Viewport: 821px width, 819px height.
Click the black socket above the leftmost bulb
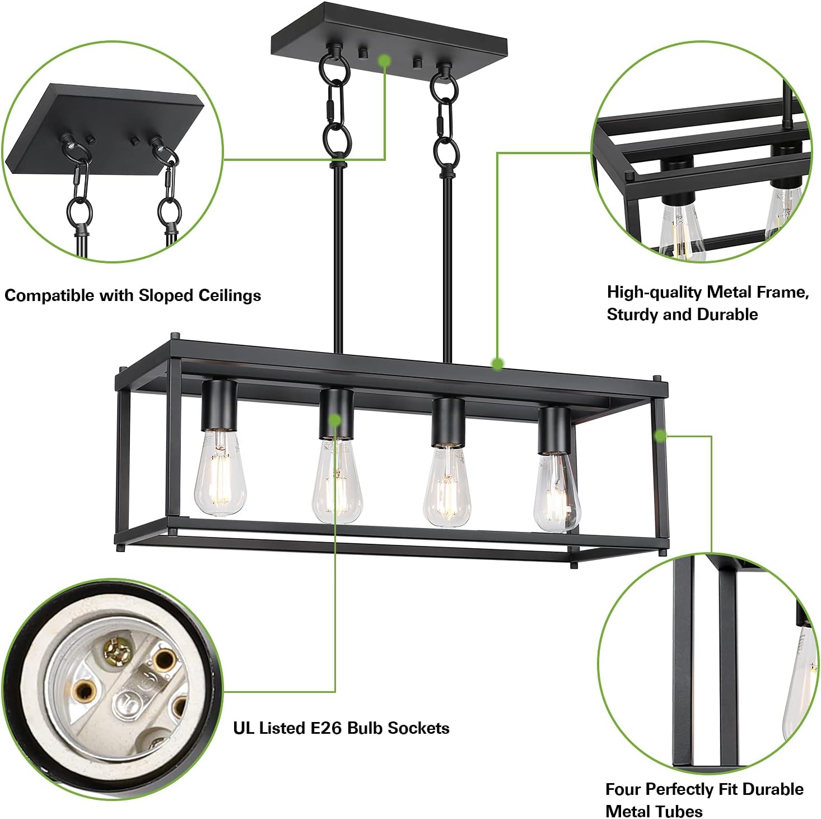pos(219,405)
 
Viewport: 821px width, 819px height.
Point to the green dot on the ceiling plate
pos(384,60)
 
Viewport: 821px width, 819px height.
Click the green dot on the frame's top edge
pos(497,364)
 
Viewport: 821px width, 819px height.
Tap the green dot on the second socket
pos(335,419)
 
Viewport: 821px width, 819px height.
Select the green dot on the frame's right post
pos(661,435)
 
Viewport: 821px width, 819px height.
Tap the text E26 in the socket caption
pos(326,728)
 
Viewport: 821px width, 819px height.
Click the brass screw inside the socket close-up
pos(118,650)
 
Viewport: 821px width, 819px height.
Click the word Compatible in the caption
pos(49,295)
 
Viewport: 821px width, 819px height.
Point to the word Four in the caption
pos(622,789)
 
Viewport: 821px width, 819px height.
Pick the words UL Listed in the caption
pos(269,728)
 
